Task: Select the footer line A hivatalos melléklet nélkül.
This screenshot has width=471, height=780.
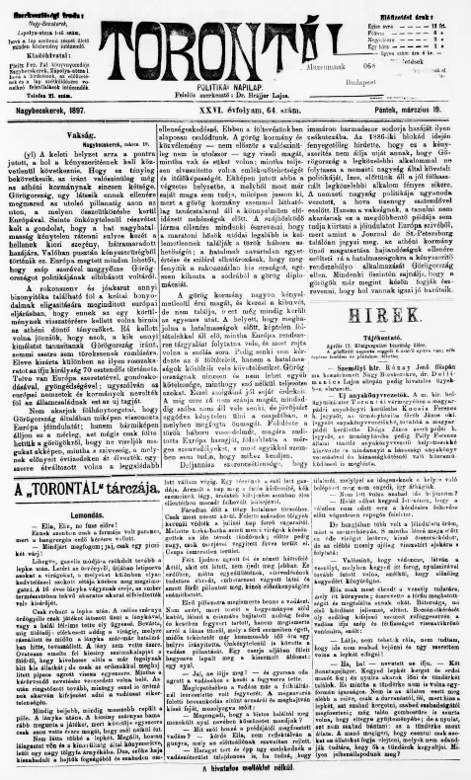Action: coord(235,768)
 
